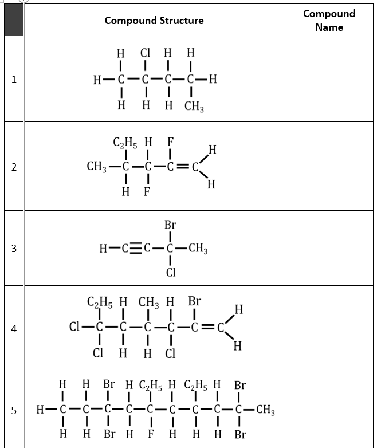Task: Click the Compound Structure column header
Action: click(154, 21)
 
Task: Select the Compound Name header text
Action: click(329, 20)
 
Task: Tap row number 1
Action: click(13, 80)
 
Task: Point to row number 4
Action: click(13, 329)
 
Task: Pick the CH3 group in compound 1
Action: click(194, 107)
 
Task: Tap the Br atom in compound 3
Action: click(170, 225)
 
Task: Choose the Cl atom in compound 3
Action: click(170, 272)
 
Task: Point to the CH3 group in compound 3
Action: click(198, 249)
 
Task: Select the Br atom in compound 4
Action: click(195, 301)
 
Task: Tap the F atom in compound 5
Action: click(150, 434)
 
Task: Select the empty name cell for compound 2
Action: click(329, 167)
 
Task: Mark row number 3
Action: click(13, 249)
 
